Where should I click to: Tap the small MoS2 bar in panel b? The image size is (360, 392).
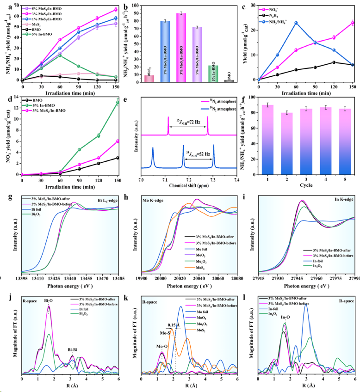click(x=149, y=79)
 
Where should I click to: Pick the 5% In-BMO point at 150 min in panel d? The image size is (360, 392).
click(x=118, y=102)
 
